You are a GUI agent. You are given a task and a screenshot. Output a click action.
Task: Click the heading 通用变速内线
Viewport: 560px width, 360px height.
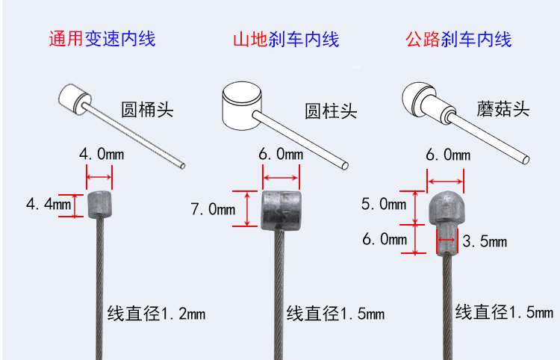tap(102, 39)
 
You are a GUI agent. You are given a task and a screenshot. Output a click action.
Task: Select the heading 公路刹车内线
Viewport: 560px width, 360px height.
tap(458, 39)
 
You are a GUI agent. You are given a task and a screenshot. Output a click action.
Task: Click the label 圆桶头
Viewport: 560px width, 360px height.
tap(146, 110)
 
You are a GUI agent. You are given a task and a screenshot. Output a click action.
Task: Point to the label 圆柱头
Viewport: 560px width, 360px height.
tap(331, 112)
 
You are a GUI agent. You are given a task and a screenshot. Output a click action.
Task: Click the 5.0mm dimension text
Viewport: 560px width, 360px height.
tap(384, 204)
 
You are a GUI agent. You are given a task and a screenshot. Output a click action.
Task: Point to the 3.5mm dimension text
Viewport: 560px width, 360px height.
tap(485, 241)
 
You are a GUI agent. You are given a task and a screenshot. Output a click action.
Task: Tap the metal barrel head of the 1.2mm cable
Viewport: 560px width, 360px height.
tap(100, 204)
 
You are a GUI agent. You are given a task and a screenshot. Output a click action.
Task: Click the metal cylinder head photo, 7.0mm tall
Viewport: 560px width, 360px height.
tap(280, 210)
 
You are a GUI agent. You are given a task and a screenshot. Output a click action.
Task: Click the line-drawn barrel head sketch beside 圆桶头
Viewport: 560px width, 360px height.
tap(75, 98)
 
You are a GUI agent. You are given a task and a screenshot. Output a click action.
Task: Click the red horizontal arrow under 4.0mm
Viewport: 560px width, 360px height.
tap(99, 178)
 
